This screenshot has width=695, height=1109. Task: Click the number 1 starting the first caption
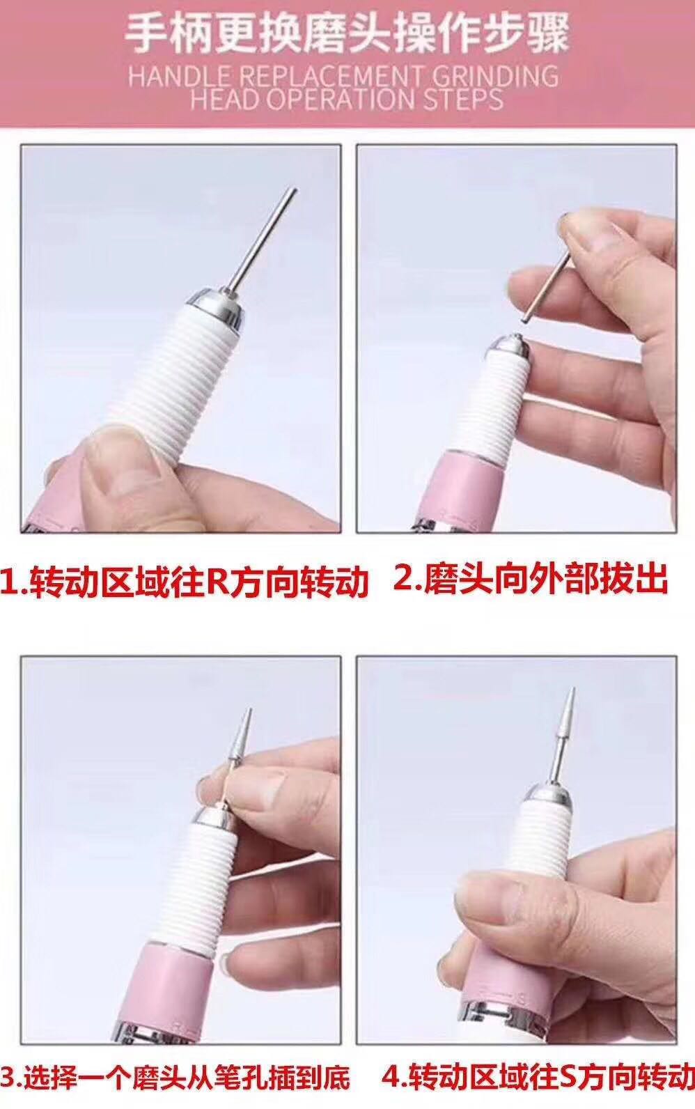click(9, 582)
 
